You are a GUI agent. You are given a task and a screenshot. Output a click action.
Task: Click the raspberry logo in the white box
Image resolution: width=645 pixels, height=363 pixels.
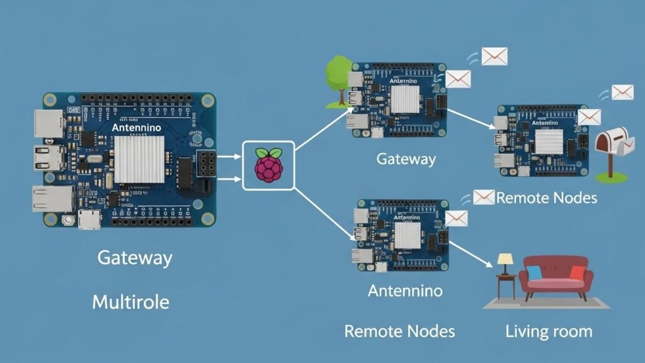pos(268,165)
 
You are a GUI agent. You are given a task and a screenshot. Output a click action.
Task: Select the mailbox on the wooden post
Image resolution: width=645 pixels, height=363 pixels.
pos(611,143)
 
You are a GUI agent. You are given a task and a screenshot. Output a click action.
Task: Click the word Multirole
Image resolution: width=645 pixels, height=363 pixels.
pos(130,302)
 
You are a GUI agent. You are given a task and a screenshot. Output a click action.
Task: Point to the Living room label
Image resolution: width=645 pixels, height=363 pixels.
pos(549,331)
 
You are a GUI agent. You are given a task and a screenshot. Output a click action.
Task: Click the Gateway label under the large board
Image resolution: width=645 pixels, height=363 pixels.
pos(134,258)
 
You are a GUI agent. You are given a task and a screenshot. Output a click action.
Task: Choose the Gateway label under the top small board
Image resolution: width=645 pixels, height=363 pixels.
pos(406,158)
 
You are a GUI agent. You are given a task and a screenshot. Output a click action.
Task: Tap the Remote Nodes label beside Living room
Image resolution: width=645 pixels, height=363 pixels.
pos(399,331)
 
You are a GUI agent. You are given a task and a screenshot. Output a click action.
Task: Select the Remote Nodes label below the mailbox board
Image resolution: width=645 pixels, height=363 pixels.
pos(546,198)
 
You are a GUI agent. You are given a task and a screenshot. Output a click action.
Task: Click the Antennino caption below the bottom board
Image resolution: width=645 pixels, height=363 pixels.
pos(404,291)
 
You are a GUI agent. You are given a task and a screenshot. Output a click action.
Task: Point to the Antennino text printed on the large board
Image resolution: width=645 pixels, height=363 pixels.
pos(136,128)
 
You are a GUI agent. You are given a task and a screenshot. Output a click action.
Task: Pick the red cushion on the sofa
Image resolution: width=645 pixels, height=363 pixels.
pos(578,272)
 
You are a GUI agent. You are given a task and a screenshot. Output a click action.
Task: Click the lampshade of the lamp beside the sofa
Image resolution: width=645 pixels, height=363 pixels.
pos(505,259)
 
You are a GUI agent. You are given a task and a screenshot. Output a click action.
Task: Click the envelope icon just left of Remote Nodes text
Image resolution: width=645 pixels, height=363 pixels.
pos(484,197)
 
